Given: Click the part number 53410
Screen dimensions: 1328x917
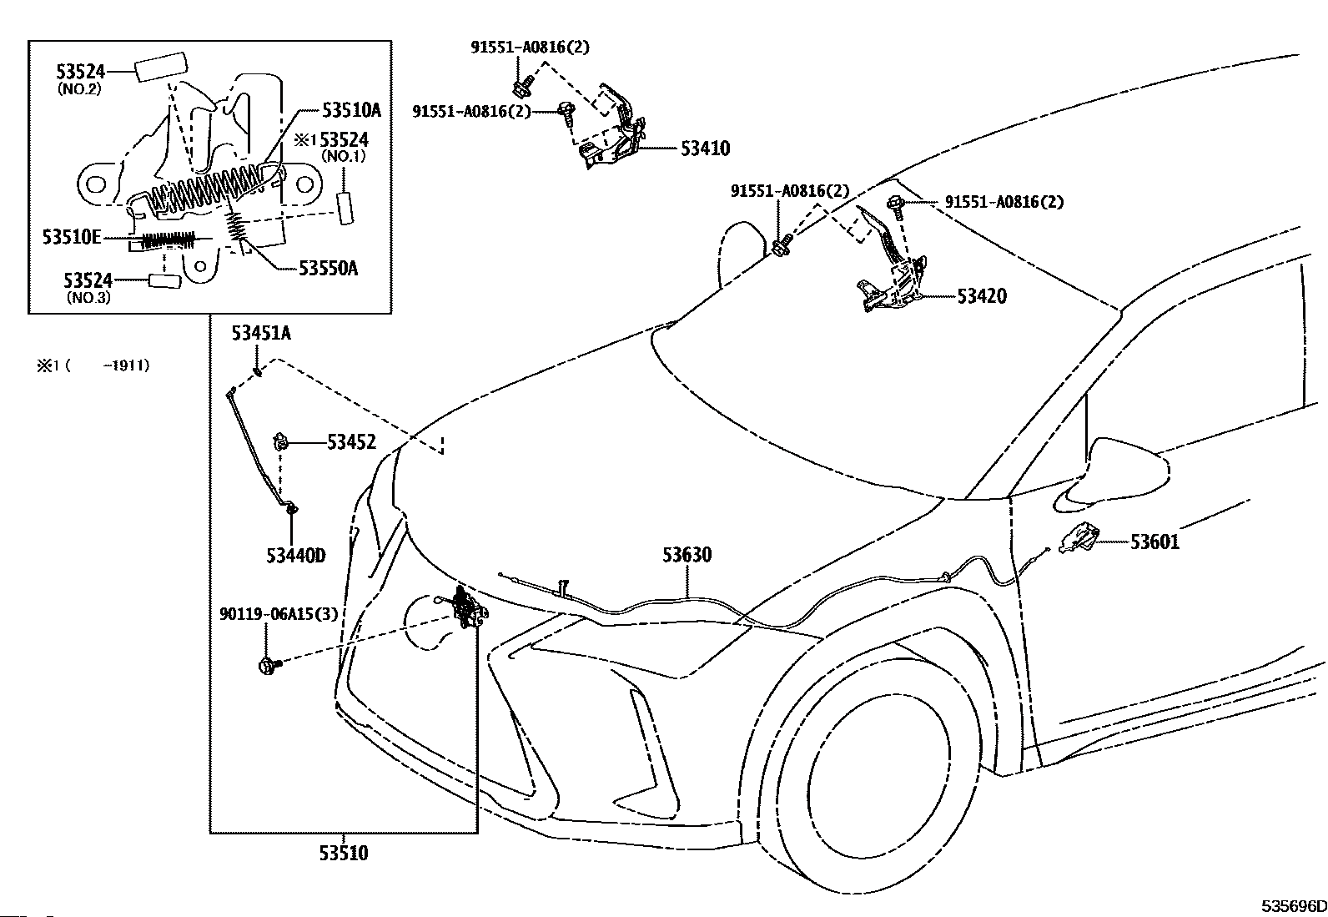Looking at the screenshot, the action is [x=705, y=149].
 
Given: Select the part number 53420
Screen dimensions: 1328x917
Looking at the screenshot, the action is [x=982, y=296].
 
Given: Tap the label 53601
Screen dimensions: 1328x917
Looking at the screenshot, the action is [x=1154, y=542].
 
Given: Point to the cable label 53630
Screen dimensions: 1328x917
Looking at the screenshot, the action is [x=687, y=555].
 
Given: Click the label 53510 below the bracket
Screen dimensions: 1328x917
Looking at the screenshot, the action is [x=344, y=853].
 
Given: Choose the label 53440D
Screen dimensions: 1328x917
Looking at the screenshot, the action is [x=296, y=556].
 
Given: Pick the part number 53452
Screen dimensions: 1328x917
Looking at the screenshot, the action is [x=351, y=442].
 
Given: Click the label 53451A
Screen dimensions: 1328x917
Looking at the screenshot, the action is [x=261, y=334].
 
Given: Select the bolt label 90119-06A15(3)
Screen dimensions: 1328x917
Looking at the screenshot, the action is [x=279, y=614].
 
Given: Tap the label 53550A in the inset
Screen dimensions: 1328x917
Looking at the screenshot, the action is [x=328, y=269].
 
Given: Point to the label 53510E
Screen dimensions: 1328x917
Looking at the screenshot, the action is [x=72, y=237].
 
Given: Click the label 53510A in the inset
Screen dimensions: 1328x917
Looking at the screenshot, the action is [x=351, y=110].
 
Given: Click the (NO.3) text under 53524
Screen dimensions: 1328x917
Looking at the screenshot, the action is [x=88, y=297].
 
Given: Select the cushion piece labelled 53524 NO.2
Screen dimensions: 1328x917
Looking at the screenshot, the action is [x=161, y=67].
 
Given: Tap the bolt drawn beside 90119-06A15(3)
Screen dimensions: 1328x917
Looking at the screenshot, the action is [x=269, y=666].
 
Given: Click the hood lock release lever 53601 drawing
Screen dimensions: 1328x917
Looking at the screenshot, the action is [x=1079, y=538].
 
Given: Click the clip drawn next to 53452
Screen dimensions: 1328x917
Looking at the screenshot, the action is [x=280, y=442].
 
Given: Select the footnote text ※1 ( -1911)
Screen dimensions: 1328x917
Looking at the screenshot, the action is [x=93, y=365].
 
